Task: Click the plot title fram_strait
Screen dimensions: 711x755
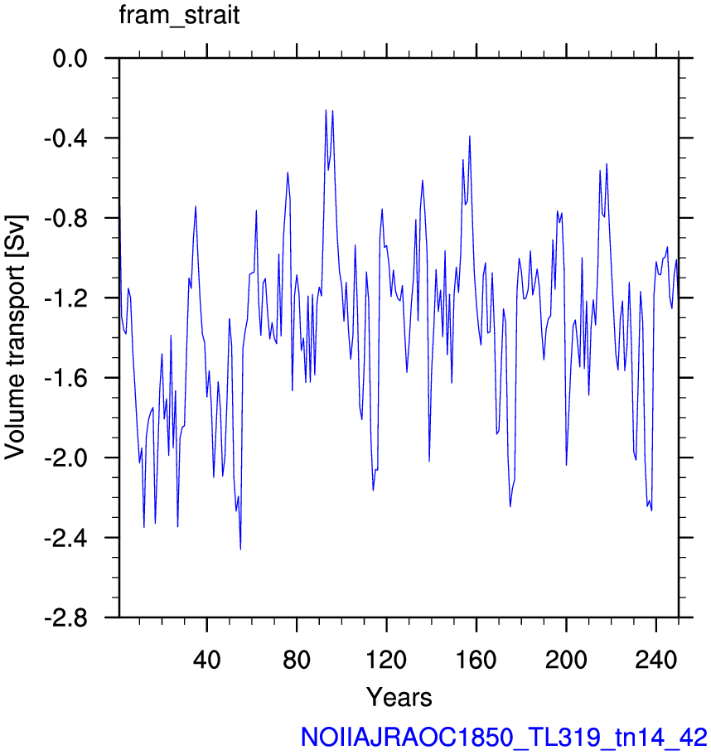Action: [179, 16]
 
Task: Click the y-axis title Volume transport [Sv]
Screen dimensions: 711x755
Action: [15, 337]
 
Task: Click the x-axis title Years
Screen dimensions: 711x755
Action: [399, 697]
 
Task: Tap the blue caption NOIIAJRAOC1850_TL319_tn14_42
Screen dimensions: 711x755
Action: [504, 738]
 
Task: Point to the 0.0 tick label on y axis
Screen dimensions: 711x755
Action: [70, 59]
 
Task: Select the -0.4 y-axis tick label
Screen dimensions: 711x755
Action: [66, 138]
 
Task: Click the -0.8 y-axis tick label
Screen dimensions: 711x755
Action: [66, 219]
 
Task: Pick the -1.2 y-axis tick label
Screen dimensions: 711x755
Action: [66, 298]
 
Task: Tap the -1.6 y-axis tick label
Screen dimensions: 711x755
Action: [66, 379]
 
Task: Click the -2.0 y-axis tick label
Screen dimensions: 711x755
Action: [66, 458]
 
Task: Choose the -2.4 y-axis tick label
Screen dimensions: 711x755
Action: [66, 538]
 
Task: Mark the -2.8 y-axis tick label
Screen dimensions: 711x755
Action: [66, 617]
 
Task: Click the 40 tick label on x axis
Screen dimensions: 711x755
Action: [206, 659]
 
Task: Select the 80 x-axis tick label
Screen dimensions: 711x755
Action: [297, 659]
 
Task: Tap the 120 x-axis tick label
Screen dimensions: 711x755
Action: [386, 659]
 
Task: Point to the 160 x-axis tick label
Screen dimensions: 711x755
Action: [476, 659]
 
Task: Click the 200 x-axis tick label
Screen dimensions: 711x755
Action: [566, 659]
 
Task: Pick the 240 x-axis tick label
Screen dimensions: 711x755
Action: [655, 659]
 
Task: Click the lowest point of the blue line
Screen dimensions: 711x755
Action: [240, 549]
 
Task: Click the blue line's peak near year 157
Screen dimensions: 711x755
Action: [469, 136]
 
